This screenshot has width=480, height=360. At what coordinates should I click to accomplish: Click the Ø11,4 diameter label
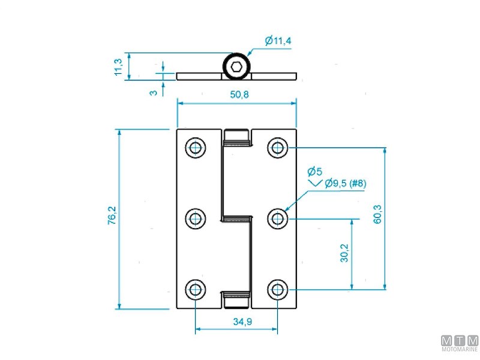pyautogui.click(x=278, y=41)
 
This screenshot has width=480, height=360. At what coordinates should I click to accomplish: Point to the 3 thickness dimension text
pyautogui.click(x=154, y=92)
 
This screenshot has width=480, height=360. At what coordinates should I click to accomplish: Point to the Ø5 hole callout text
pyautogui.click(x=314, y=170)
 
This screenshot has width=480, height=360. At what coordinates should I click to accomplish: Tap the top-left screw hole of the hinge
pyautogui.click(x=195, y=148)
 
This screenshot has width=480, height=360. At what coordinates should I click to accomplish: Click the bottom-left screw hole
pyautogui.click(x=195, y=290)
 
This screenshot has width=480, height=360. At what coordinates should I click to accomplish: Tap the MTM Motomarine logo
pyautogui.click(x=460, y=344)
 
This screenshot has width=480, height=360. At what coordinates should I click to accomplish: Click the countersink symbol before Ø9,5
pyautogui.click(x=315, y=182)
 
